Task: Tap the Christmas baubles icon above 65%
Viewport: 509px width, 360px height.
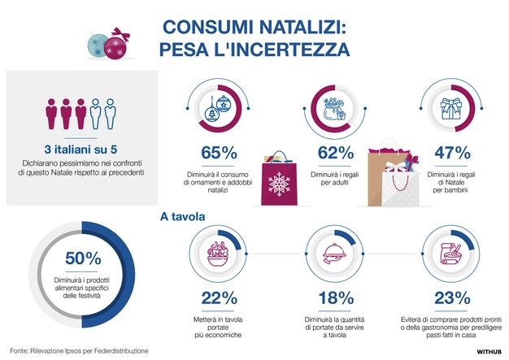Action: point(218,111)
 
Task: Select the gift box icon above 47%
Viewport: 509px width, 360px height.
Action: point(452,110)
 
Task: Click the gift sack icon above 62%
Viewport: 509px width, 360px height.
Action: point(334,111)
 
